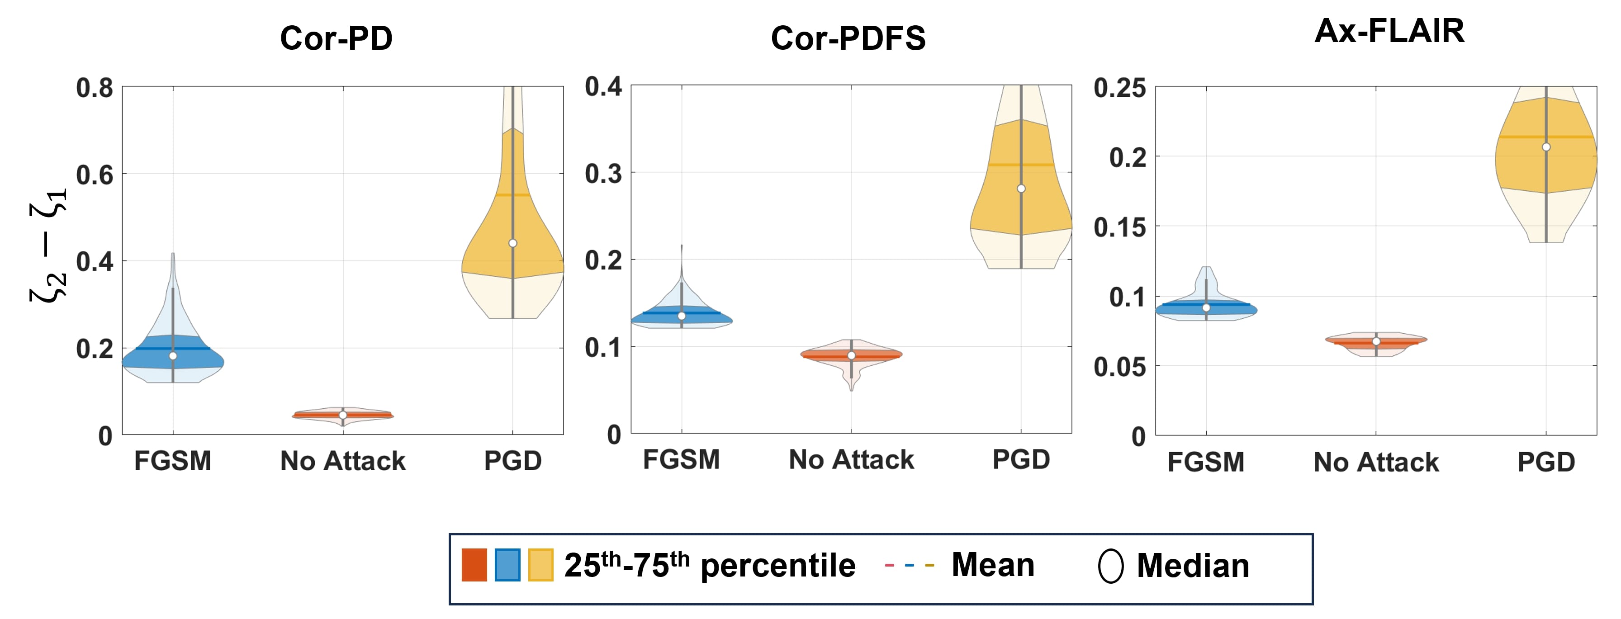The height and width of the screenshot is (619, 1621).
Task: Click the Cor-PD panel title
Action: tap(336, 38)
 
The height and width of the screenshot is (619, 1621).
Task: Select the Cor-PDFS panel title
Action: tap(848, 38)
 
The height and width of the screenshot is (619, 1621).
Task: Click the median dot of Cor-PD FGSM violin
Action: tap(173, 356)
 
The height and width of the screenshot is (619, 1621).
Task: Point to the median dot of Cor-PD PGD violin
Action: tap(513, 243)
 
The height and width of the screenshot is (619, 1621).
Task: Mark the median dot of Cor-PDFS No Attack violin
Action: tap(851, 355)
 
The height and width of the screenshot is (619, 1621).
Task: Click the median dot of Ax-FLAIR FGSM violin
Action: tap(1206, 307)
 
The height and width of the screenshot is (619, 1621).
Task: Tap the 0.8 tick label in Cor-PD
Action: tap(95, 88)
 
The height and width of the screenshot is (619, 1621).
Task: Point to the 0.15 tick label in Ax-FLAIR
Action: tap(1119, 228)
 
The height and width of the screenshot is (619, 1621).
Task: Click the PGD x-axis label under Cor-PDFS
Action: tap(1021, 460)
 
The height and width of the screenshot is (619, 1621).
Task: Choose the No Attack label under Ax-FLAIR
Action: tap(1376, 463)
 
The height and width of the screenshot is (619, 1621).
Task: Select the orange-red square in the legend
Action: tap(474, 565)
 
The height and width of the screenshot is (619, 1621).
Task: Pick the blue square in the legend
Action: tap(507, 565)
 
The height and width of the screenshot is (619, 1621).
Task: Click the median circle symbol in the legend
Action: tap(1111, 566)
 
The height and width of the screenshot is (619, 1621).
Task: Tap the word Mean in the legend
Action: tap(992, 565)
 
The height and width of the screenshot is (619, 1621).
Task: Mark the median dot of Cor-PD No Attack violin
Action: tap(343, 415)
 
